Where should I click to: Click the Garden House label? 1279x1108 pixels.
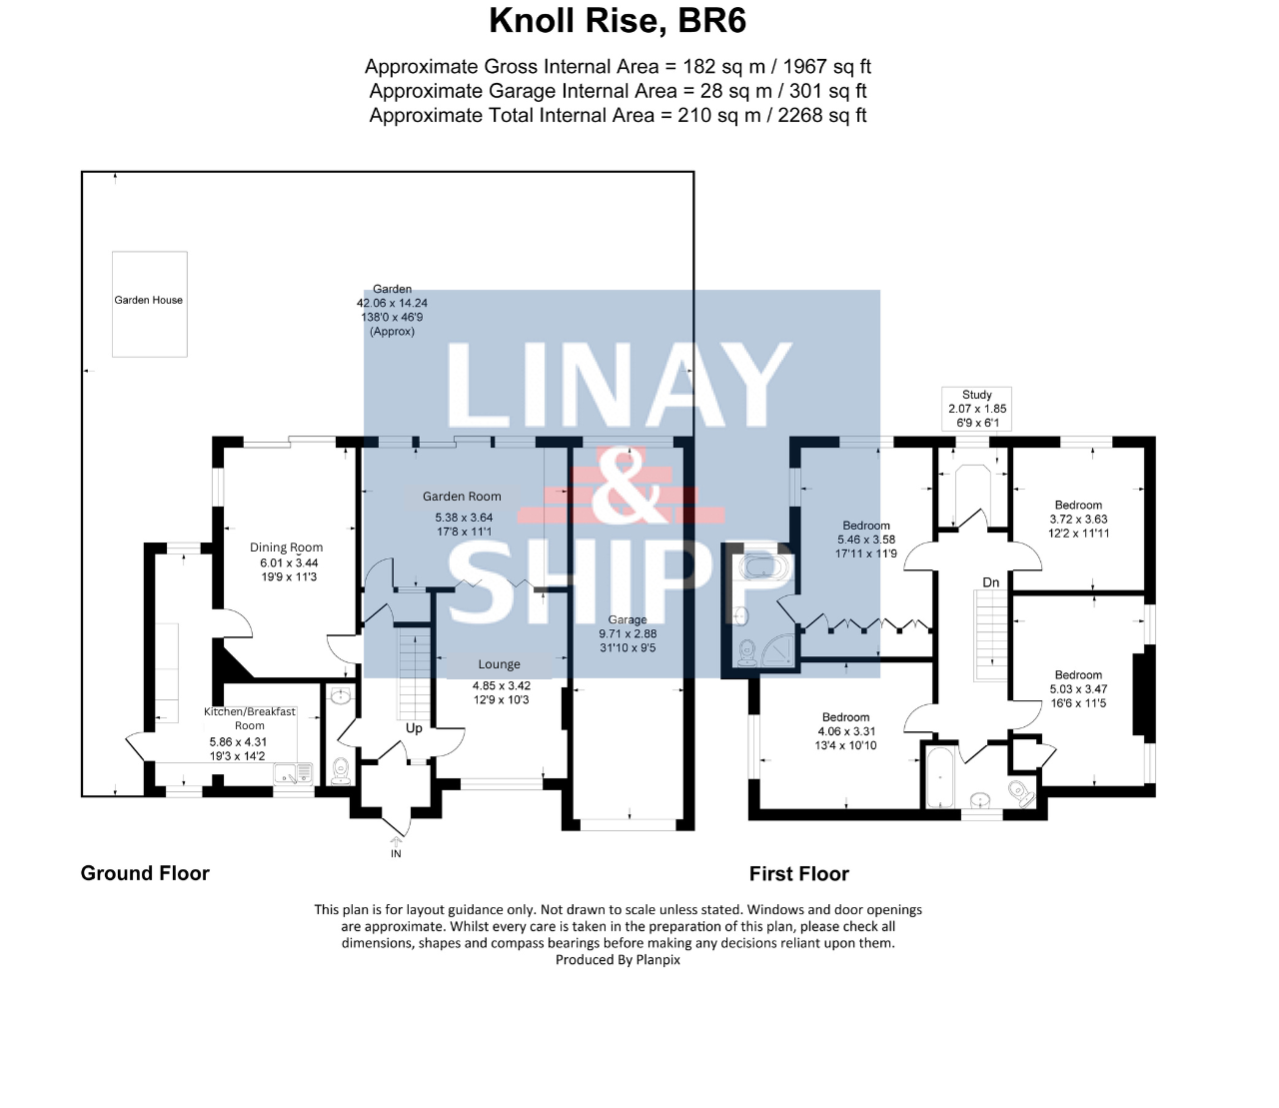[x=149, y=300]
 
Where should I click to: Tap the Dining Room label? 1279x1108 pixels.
[x=287, y=547]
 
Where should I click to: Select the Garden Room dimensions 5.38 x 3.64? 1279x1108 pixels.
[x=464, y=518]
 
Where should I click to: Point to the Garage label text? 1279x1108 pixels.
[x=628, y=619]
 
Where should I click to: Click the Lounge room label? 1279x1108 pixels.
[x=499, y=664]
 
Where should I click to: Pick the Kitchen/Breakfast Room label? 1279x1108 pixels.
[x=250, y=718]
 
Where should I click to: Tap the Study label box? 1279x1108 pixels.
[x=977, y=409]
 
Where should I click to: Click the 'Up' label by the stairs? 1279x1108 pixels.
[x=414, y=728]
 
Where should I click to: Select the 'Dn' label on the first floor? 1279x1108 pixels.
[x=990, y=582]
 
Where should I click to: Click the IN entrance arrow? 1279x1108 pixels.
[x=396, y=841]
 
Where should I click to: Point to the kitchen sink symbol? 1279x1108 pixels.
[x=295, y=773]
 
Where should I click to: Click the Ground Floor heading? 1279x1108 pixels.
[x=145, y=873]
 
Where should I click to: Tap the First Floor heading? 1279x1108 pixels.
[x=798, y=873]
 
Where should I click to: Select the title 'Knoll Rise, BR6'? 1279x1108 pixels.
[x=618, y=20]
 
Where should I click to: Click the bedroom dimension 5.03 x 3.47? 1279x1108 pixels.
[x=1078, y=688]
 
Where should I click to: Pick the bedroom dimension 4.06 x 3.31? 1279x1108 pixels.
[x=846, y=731]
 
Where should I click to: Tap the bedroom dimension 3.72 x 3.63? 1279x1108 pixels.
[x=1078, y=520]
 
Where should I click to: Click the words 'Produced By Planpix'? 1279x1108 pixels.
[x=618, y=959]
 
